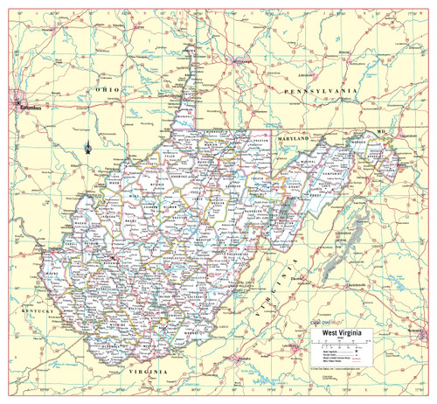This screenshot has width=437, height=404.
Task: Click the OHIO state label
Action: [x=108, y=90]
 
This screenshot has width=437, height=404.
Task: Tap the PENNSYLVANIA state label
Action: [x=316, y=91]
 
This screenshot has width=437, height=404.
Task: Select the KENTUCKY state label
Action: [x=38, y=311]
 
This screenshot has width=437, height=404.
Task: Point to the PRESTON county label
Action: [x=260, y=140]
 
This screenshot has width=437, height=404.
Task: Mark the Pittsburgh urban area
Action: [x=239, y=61]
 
